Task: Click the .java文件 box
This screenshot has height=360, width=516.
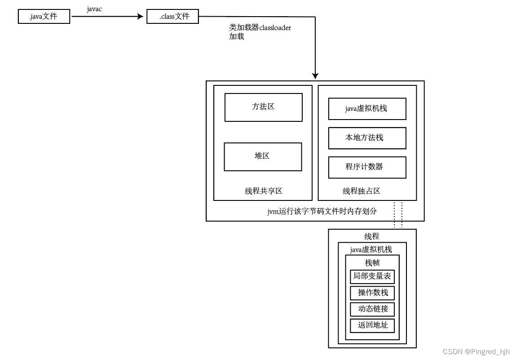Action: tap(44, 17)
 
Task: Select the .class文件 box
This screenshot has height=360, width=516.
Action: tap(172, 17)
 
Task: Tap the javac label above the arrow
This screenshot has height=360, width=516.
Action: tap(94, 9)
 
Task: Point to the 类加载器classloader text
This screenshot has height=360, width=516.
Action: tap(260, 27)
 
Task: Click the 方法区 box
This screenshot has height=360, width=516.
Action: tap(263, 107)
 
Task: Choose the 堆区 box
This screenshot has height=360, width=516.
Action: tap(263, 156)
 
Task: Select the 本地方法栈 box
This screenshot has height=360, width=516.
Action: tap(367, 138)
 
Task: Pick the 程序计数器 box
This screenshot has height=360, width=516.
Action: tap(367, 167)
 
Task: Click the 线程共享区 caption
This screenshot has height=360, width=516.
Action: tap(264, 191)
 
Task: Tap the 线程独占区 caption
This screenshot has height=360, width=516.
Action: tap(362, 191)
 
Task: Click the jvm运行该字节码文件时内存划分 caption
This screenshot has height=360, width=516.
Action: tap(322, 211)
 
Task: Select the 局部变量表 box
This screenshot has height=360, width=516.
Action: tap(372, 276)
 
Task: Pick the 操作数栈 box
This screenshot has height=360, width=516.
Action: tap(372, 293)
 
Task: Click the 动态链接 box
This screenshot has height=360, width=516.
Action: tap(372, 309)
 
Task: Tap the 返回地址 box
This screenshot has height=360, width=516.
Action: tap(372, 325)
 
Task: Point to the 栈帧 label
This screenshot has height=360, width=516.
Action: tap(372, 263)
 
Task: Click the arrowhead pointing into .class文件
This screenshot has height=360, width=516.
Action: tap(141, 17)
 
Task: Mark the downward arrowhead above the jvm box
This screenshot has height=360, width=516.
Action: tap(315, 76)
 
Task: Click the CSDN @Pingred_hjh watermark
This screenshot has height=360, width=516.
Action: tap(476, 352)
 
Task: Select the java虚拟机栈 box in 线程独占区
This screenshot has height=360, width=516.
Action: tap(367, 109)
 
